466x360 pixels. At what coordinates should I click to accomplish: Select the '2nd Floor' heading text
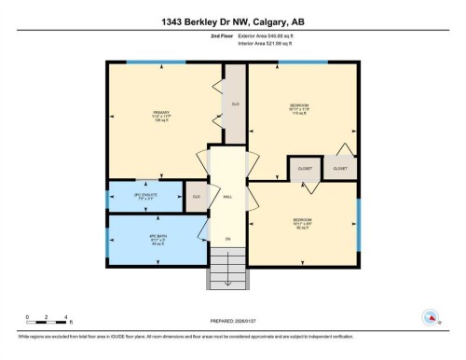pos(222,37)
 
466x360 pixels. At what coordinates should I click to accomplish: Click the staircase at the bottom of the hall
pos(226,271)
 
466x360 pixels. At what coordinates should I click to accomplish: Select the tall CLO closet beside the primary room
pos(236,104)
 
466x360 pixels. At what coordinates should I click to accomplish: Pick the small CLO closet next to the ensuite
pos(197,197)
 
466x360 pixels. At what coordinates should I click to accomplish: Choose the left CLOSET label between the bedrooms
pos(305,168)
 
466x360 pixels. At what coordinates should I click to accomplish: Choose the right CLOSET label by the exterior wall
pos(340,168)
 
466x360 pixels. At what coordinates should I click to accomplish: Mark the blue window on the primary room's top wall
pos(144,62)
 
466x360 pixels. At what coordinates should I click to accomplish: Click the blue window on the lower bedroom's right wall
pos(358,223)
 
